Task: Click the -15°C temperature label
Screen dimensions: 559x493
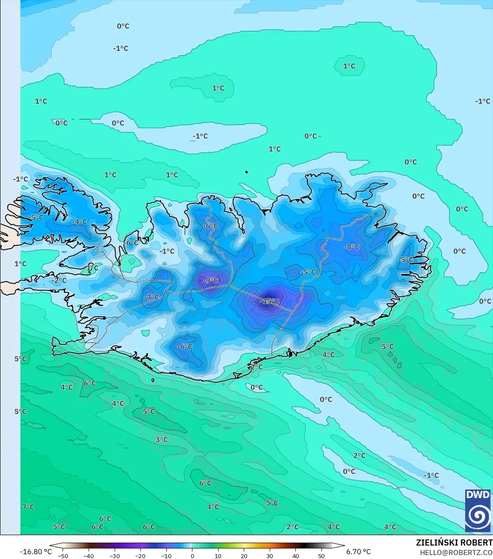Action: (270, 301)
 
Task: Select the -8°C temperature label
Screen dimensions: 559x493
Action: (352, 247)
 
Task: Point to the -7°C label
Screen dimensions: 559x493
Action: (152, 297)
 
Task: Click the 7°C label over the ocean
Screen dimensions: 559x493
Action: (28, 506)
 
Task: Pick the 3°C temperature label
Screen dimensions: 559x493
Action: (162, 440)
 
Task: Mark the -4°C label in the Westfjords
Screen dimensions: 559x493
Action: (79, 222)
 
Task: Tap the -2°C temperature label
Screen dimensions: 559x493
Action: (59, 280)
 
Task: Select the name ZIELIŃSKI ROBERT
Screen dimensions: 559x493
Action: (454, 542)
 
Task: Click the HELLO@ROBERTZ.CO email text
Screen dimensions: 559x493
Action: (456, 552)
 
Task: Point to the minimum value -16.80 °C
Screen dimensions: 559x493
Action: (36, 552)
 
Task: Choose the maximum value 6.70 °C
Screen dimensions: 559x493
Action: (358, 552)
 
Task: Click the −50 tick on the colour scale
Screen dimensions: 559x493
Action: (63, 556)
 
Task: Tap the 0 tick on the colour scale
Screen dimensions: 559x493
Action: (192, 556)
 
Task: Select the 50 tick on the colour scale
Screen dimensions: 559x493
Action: (321, 556)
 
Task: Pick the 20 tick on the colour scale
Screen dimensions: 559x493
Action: (244, 556)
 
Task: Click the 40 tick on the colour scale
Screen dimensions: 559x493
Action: (295, 556)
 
